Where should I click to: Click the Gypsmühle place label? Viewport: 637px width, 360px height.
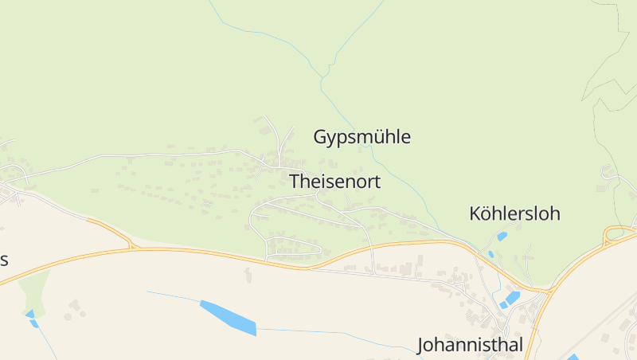(362, 137)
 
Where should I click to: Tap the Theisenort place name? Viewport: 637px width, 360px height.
(335, 182)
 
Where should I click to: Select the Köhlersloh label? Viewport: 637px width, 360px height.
(515, 213)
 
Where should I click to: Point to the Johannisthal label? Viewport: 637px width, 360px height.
(470, 345)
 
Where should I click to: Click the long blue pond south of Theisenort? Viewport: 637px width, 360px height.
(228, 316)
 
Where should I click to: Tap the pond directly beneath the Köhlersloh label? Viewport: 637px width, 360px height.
(502, 236)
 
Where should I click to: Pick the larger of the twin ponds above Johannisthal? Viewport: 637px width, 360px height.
(512, 298)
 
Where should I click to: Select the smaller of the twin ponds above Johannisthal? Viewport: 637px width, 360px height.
(503, 305)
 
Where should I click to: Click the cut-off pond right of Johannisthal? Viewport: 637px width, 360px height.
(573, 357)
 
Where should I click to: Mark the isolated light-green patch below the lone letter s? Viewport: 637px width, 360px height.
(34, 290)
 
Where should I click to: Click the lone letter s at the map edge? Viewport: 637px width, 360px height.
(4, 260)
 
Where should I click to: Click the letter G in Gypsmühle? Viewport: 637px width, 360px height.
(321, 137)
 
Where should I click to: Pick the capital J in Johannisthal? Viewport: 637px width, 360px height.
(422, 345)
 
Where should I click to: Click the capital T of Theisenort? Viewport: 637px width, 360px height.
(295, 182)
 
